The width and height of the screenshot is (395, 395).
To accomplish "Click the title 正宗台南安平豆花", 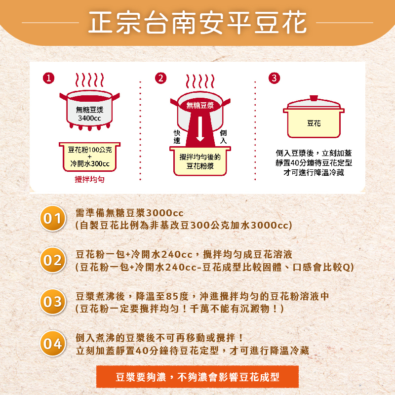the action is point(197,23).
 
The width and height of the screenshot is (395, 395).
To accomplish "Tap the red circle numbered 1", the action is point(48,78).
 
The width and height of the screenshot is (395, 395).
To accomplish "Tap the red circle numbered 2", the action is point(161,78).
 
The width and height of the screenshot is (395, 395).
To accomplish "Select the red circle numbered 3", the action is point(275,78).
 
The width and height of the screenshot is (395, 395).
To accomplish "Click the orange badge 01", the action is point(53,218).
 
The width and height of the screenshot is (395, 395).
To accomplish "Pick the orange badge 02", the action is point(53,260).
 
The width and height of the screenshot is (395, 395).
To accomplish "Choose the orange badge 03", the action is point(53,302).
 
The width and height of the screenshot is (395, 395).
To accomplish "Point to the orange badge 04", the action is point(53,343).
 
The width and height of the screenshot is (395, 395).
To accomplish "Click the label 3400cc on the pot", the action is point(89,118).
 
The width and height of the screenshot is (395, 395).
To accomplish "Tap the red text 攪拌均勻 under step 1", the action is point(89,179).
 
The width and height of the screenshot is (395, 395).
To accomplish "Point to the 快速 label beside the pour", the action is point(177,137).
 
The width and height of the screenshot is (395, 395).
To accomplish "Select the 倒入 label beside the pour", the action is point(223,137).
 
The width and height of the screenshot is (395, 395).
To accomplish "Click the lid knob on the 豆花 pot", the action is point(314,98).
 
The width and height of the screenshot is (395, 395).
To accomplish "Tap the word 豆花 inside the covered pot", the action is point(314,123).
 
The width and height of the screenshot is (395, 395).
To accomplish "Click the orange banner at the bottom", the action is point(197,377).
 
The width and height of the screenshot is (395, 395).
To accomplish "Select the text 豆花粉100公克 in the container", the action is point(90,150).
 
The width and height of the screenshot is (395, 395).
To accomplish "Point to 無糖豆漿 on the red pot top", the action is point(200,105).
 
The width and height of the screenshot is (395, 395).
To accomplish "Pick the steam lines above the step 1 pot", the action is point(89,80).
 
